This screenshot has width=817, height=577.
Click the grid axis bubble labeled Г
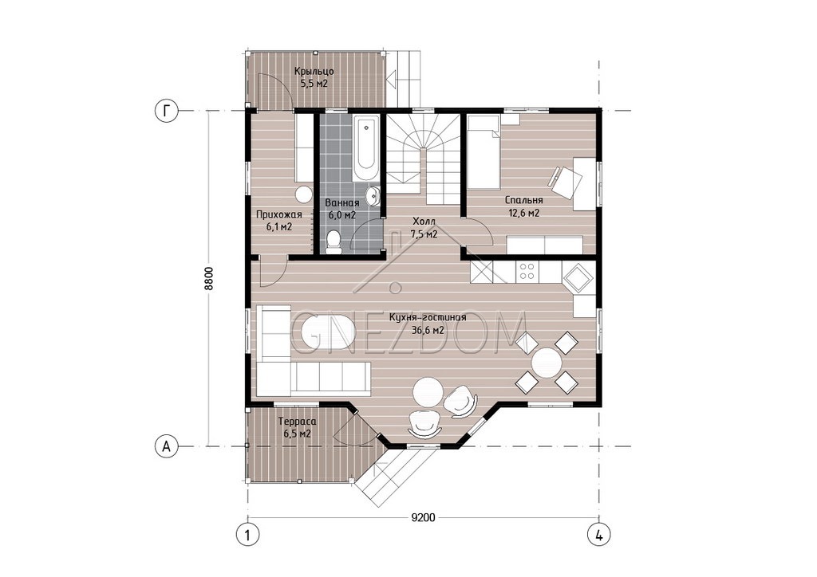click(166, 111)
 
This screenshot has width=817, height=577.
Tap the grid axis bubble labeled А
click(166, 446)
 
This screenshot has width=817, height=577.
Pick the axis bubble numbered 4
click(599, 534)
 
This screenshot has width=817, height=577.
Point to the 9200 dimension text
click(423, 517)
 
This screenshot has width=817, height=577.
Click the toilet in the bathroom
click(333, 242)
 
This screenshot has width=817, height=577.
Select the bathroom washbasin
click(373, 196)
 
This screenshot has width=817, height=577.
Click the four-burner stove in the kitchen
click(527, 272)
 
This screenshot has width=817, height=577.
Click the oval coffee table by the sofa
click(328, 333)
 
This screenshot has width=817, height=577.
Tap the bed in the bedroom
click(483, 152)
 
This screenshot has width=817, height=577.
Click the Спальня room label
click(523, 200)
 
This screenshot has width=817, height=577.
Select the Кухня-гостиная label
click(428, 317)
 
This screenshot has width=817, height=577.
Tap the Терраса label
click(297, 422)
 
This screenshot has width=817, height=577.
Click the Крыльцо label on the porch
click(314, 71)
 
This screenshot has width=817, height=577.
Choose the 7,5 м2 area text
click(423, 234)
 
